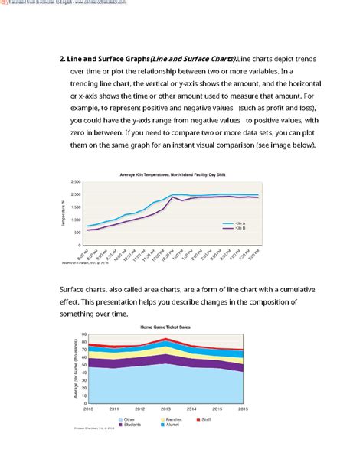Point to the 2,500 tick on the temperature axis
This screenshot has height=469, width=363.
[74, 182]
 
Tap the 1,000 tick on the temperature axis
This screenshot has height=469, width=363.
[75, 219]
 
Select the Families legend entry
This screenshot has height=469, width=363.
[174, 420]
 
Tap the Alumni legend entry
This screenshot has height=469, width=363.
[172, 425]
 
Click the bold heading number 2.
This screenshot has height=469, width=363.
[63, 60]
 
